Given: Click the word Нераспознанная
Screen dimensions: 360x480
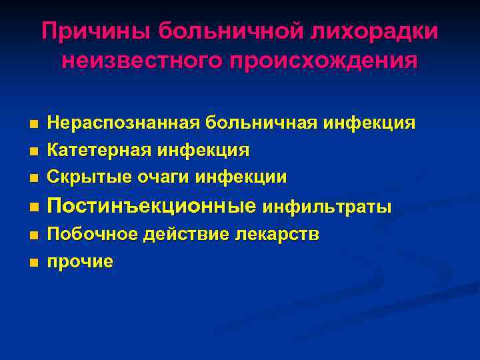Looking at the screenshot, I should pyautogui.click(x=124, y=123).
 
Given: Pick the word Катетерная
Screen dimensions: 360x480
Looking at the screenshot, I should pyautogui.click(x=99, y=150).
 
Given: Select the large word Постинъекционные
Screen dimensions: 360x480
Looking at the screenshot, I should pyautogui.click(x=151, y=206).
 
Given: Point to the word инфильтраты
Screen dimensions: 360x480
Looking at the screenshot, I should pyautogui.click(x=327, y=207).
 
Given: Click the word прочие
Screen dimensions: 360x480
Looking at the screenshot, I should pyautogui.click(x=79, y=262).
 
